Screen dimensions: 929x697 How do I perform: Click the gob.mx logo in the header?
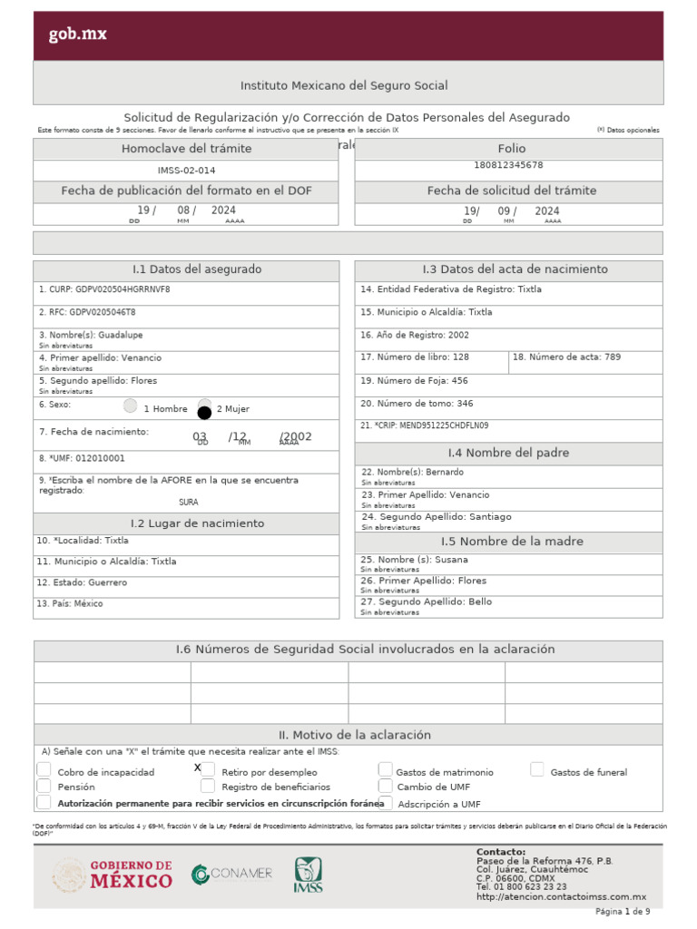[x=77, y=34]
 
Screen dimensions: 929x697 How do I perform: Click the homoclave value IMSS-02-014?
[x=186, y=170]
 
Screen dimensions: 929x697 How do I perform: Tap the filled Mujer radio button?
[x=204, y=411]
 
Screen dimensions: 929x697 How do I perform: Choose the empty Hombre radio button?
[x=131, y=406]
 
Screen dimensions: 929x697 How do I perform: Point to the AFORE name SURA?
[x=188, y=502]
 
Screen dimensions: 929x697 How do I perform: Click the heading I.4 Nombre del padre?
[x=508, y=453]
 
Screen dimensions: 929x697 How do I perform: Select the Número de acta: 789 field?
[x=585, y=357]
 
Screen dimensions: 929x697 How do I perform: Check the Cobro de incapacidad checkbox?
[x=44, y=770]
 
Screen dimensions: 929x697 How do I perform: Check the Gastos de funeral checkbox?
[x=537, y=770]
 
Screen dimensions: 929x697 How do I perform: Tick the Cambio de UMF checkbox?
[x=386, y=786]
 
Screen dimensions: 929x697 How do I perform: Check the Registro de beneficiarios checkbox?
[x=208, y=786]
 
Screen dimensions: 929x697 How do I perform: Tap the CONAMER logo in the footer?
[x=231, y=874]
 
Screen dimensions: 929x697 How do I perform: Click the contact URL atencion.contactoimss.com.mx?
[x=561, y=896]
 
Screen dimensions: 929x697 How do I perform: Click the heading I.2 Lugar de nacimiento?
[x=186, y=523]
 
